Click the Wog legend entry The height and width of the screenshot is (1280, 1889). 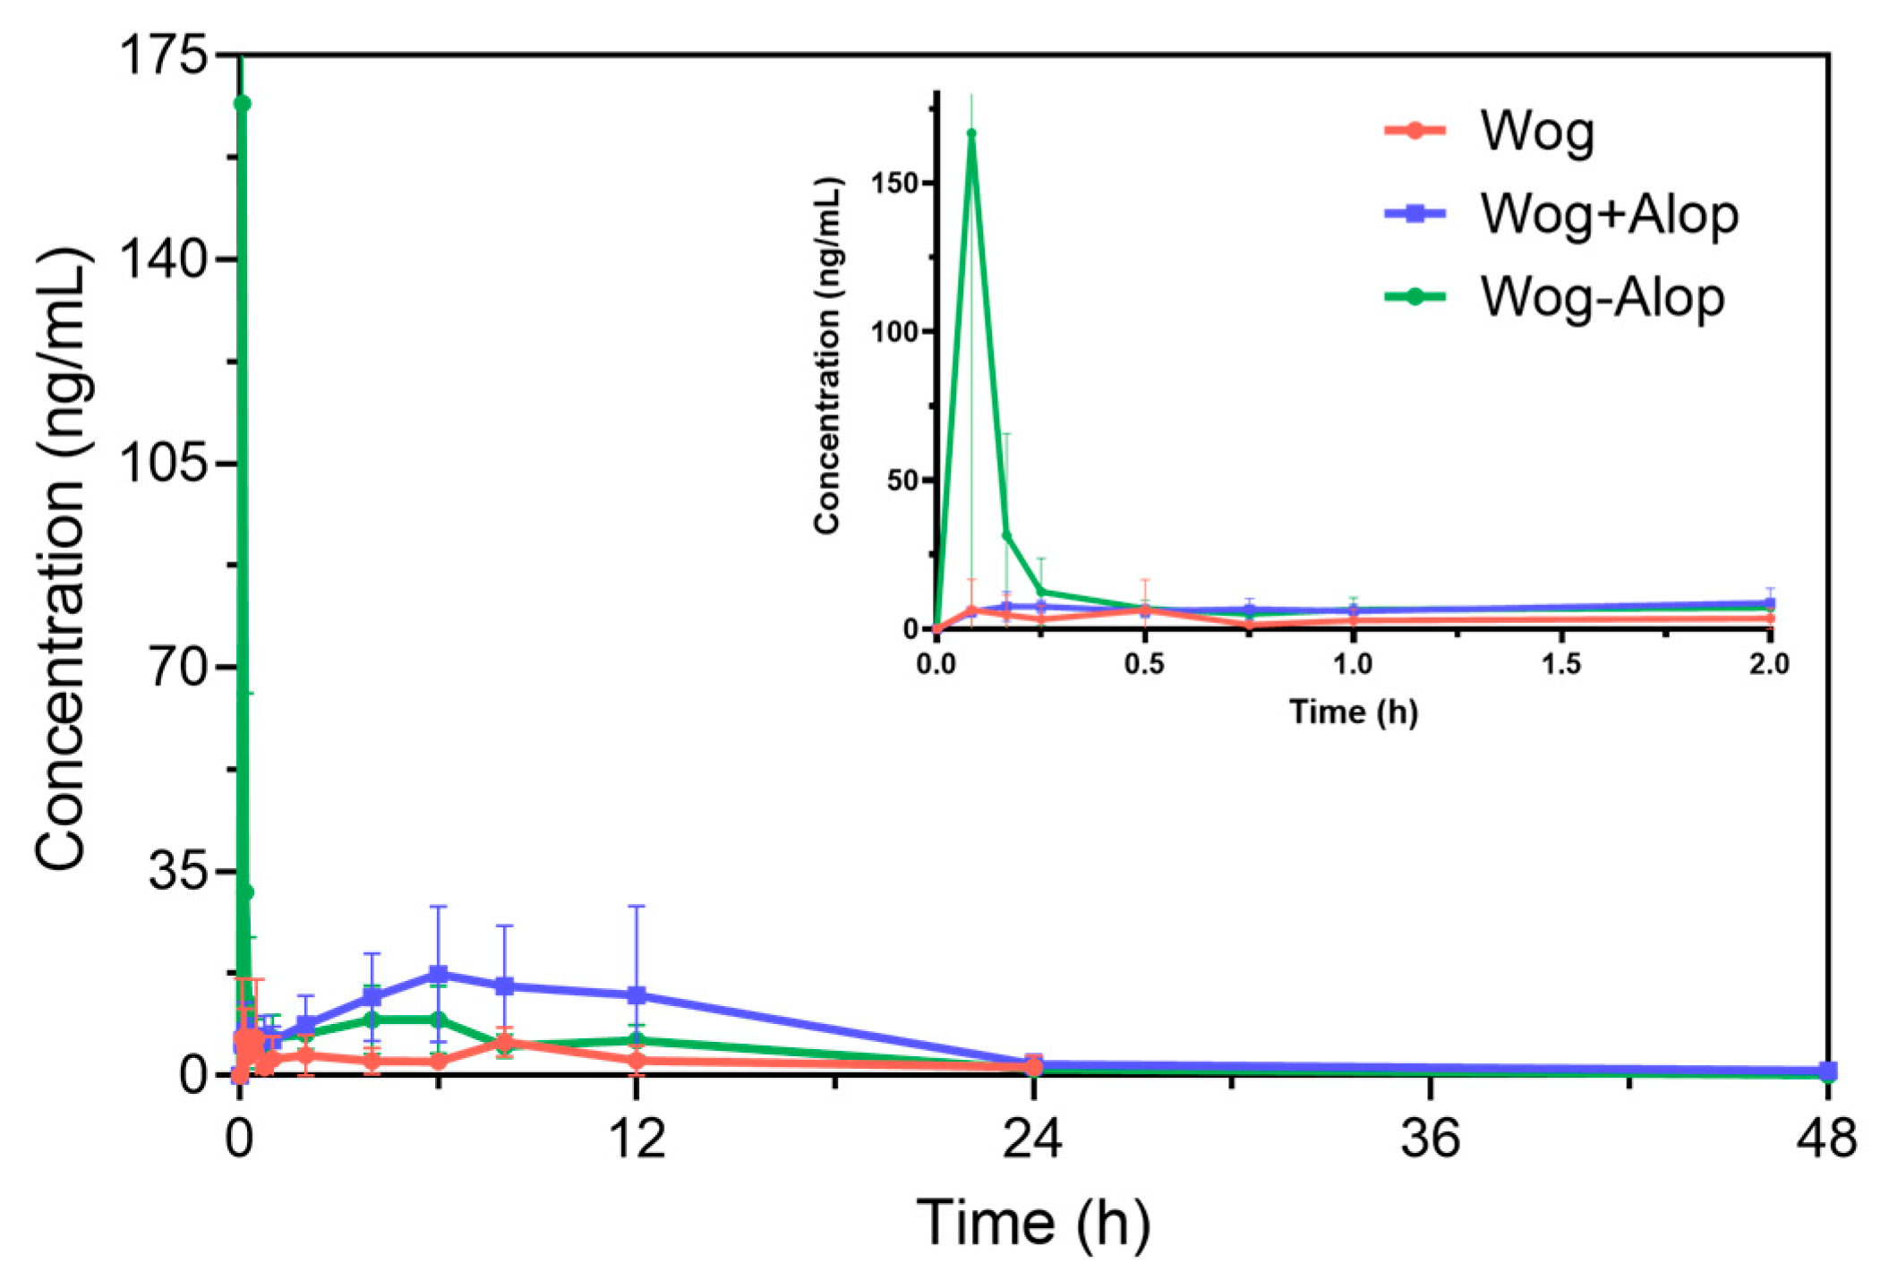point(1536,132)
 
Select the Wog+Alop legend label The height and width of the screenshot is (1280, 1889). point(1609,215)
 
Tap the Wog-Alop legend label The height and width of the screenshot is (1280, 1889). point(1602,297)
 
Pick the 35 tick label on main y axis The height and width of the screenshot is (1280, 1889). point(177,871)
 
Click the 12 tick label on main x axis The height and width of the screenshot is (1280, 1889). point(637,1139)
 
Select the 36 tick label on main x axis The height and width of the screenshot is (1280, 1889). point(1430,1139)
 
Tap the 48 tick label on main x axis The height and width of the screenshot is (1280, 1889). point(1826,1139)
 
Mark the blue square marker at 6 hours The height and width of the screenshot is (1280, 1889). point(438,974)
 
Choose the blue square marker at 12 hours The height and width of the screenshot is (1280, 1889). point(637,994)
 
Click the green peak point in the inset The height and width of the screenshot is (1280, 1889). point(971,133)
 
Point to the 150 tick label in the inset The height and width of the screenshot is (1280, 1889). point(893,183)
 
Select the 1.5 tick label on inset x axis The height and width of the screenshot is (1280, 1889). point(1561,663)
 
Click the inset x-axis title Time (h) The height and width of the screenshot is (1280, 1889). point(1353,712)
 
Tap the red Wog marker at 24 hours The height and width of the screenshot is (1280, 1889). point(1034,1067)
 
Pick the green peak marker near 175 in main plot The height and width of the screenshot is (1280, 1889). point(242,104)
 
